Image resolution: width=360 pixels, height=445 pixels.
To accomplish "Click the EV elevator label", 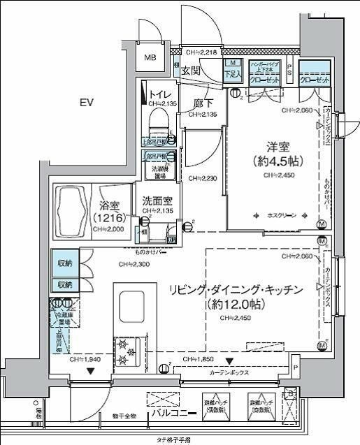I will click(86, 103).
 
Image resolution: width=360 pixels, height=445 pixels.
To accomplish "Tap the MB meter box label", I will click(150, 59).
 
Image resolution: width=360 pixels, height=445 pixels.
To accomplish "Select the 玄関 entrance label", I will click(191, 71).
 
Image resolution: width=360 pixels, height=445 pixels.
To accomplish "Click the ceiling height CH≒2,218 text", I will click(205, 52).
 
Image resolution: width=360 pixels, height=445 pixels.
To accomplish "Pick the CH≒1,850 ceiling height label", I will click(200, 358).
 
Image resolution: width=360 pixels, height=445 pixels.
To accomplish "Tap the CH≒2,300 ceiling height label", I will click(134, 265).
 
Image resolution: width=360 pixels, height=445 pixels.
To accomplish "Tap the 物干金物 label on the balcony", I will click(124, 416).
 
